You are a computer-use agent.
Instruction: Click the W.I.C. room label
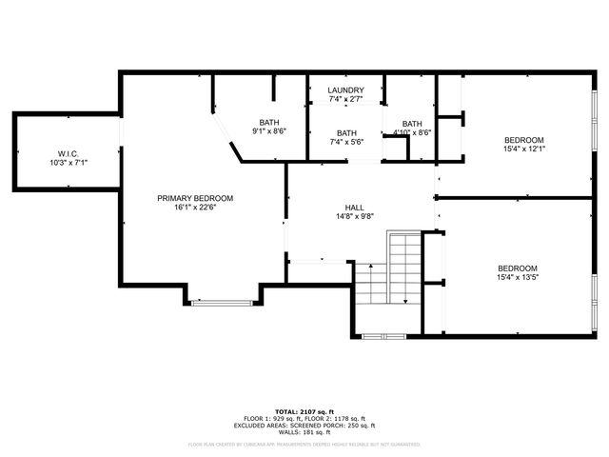pos(67,153)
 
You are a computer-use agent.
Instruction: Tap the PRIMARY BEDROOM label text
pos(195,198)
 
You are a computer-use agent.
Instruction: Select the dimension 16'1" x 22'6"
pos(195,208)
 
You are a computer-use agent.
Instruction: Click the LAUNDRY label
pos(345,90)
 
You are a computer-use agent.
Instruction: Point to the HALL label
pos(354,207)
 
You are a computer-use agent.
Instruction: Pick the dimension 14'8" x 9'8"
pos(354,216)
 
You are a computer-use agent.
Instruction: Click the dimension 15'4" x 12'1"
pos(524,149)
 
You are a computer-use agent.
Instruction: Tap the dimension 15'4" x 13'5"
pos(518,277)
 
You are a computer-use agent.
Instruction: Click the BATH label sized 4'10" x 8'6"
pos(412,124)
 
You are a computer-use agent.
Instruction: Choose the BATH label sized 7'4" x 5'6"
pos(346,133)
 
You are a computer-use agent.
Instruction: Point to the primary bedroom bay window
pos(221,303)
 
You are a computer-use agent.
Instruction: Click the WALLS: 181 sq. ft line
pos(305,433)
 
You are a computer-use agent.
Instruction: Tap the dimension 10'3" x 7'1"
pos(67,163)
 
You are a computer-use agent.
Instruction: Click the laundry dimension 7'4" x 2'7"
pos(345,99)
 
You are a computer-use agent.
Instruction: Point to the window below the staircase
pos(384,335)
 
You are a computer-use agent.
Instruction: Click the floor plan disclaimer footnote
pos(305,444)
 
